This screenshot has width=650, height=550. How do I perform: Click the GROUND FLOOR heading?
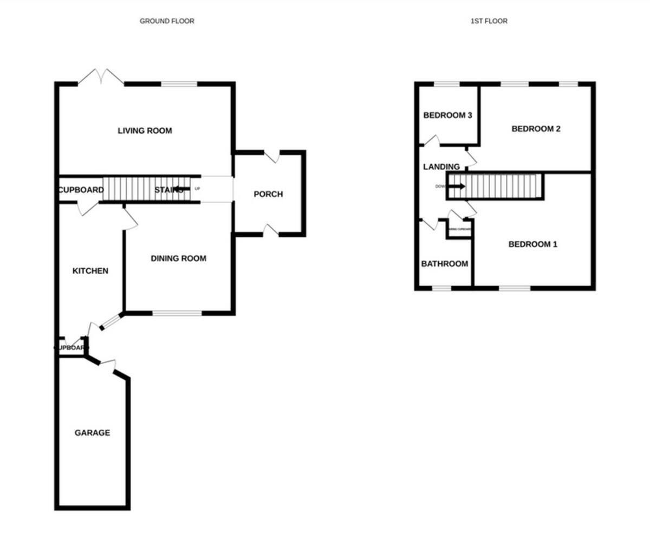(x=167, y=21)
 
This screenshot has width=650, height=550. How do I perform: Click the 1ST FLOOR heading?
(x=489, y=21)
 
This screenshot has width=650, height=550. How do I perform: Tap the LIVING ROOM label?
(x=145, y=131)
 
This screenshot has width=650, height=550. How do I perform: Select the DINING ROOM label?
(x=178, y=258)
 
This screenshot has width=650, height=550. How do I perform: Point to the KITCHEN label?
(x=90, y=271)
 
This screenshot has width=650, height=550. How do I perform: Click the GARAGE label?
(x=92, y=433)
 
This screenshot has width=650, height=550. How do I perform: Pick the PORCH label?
(x=268, y=194)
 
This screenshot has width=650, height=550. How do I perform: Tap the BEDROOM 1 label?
(x=532, y=244)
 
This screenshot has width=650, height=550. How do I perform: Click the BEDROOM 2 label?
(x=536, y=129)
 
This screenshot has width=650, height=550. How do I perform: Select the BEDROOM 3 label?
(x=447, y=115)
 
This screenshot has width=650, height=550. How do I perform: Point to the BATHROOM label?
(x=445, y=264)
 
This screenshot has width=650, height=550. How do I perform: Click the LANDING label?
(x=441, y=167)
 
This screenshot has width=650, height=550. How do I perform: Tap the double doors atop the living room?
(x=101, y=77)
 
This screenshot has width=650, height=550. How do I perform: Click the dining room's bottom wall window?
(x=177, y=313)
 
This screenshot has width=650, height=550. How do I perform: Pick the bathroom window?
(x=441, y=288)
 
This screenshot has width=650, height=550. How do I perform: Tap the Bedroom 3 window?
(x=446, y=84)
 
